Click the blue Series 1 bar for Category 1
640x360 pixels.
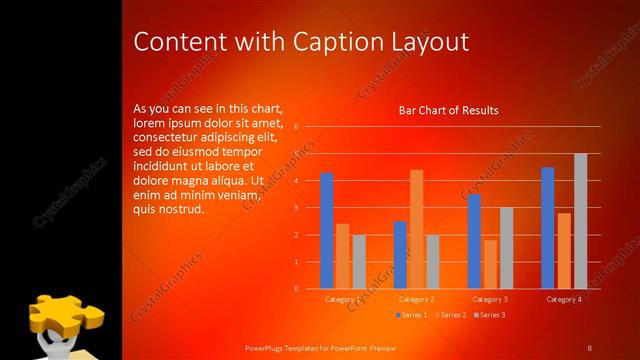(326, 231)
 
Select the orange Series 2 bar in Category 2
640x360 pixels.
(416, 229)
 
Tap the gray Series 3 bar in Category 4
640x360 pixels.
(580, 221)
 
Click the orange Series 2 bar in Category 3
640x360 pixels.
(490, 264)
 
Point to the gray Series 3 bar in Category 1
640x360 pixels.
(358, 262)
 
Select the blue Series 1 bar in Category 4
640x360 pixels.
(547, 228)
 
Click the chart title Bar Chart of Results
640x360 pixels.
(448, 110)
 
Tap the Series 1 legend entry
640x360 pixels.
(411, 315)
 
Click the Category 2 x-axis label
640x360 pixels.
(416, 299)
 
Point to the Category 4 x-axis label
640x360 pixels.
(564, 299)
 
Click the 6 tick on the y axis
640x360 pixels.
(296, 127)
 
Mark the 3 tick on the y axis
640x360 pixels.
(296, 208)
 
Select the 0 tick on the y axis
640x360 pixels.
(296, 289)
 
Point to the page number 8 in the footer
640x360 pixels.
(589, 347)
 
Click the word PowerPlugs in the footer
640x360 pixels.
(267, 347)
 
